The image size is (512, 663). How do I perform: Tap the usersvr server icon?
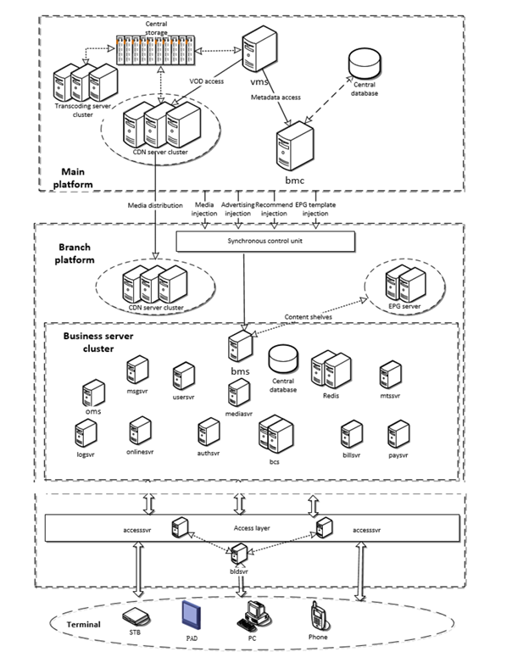[x=183, y=375]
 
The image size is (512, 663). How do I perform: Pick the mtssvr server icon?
[x=390, y=374]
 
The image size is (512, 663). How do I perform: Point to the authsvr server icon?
[x=208, y=432]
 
